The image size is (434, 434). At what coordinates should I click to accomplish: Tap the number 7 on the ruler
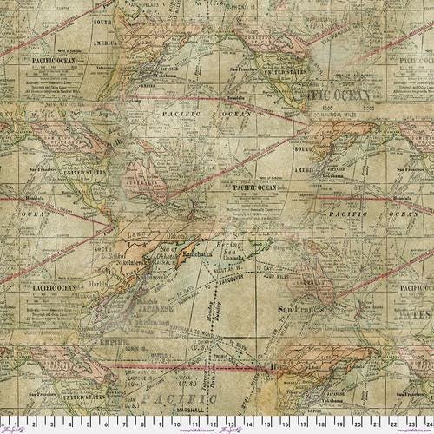pos(124,426)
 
